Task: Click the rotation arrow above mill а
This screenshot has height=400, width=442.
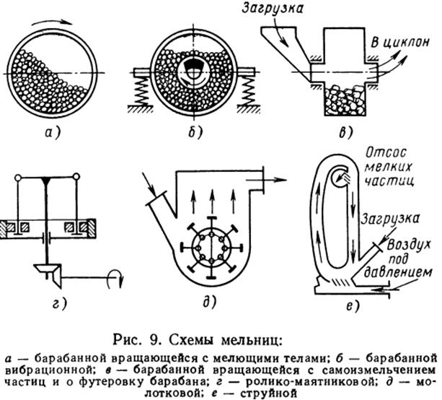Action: coord(52,22)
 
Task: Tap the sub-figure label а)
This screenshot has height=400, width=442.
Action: coord(53,132)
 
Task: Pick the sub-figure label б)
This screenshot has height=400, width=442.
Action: coord(195,132)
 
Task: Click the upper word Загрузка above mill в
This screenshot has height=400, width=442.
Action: coord(273,8)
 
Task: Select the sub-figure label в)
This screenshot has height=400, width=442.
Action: coord(345,132)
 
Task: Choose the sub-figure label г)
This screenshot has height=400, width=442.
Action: coord(60,304)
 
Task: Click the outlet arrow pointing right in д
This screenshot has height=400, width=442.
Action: coord(266,180)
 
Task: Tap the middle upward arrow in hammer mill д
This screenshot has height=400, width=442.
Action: coord(213,201)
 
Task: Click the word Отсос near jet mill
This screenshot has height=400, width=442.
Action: coord(386,153)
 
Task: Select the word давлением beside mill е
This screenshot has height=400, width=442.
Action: coord(398,273)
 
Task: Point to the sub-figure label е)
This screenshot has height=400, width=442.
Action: coord(353,306)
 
